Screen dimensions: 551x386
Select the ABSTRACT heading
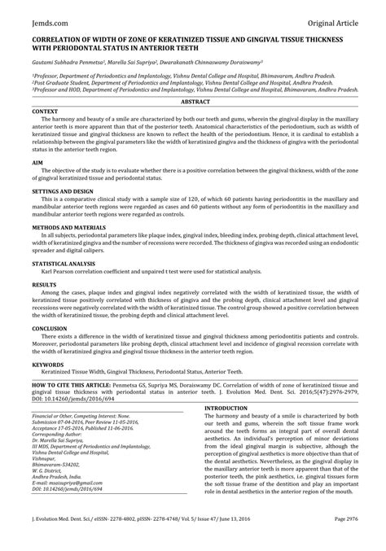(x=193, y=102)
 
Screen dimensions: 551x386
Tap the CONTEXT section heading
(x=44, y=110)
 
